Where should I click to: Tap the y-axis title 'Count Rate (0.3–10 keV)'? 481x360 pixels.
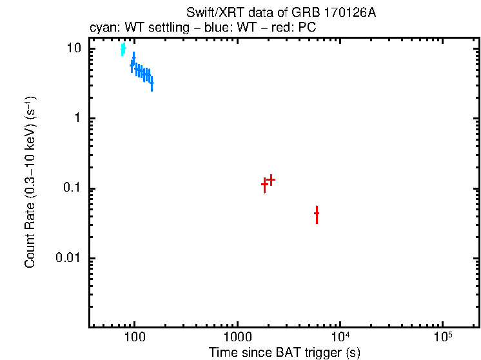(30, 182)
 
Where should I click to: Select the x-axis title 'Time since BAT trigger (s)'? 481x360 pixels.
(284, 352)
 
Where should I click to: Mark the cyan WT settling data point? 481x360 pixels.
(123, 49)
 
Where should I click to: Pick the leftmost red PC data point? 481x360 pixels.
(264, 184)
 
